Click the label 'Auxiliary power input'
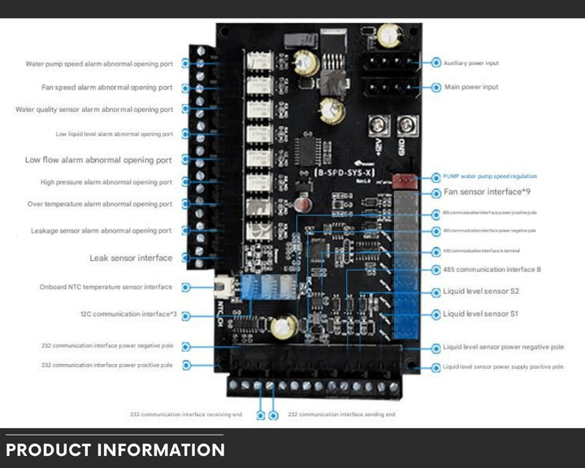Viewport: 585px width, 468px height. (471, 63)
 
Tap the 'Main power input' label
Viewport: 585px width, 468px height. (471, 87)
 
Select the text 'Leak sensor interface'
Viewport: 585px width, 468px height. (131, 258)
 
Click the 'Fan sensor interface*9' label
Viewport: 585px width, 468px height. (487, 192)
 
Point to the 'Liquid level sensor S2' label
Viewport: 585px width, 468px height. (481, 291)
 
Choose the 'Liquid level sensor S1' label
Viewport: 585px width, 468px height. (481, 314)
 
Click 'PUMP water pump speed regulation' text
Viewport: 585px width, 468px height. (490, 175)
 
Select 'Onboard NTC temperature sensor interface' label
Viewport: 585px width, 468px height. (106, 287)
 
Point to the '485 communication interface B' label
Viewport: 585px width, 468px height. (492, 269)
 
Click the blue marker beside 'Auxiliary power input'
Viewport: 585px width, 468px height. (436, 63)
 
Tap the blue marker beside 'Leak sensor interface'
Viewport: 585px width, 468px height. (187, 258)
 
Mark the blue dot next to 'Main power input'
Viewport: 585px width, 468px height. (436, 87)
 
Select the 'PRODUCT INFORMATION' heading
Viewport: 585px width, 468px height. (115, 449)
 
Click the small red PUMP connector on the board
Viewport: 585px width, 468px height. (402, 181)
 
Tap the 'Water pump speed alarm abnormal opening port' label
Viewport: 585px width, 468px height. (99, 63)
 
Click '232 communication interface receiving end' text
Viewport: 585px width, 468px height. (186, 414)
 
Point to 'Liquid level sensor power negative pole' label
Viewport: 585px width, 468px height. (503, 347)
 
